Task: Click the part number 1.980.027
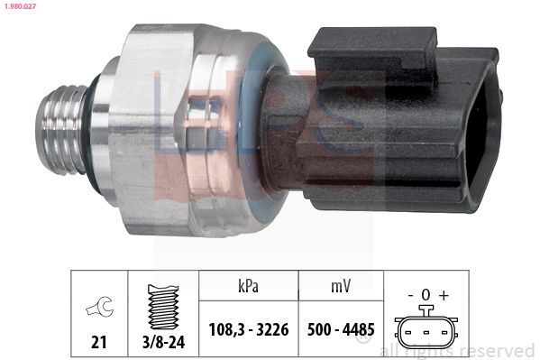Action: (x=20, y=7)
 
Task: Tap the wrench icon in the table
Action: (x=99, y=309)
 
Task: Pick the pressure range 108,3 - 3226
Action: (x=248, y=330)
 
